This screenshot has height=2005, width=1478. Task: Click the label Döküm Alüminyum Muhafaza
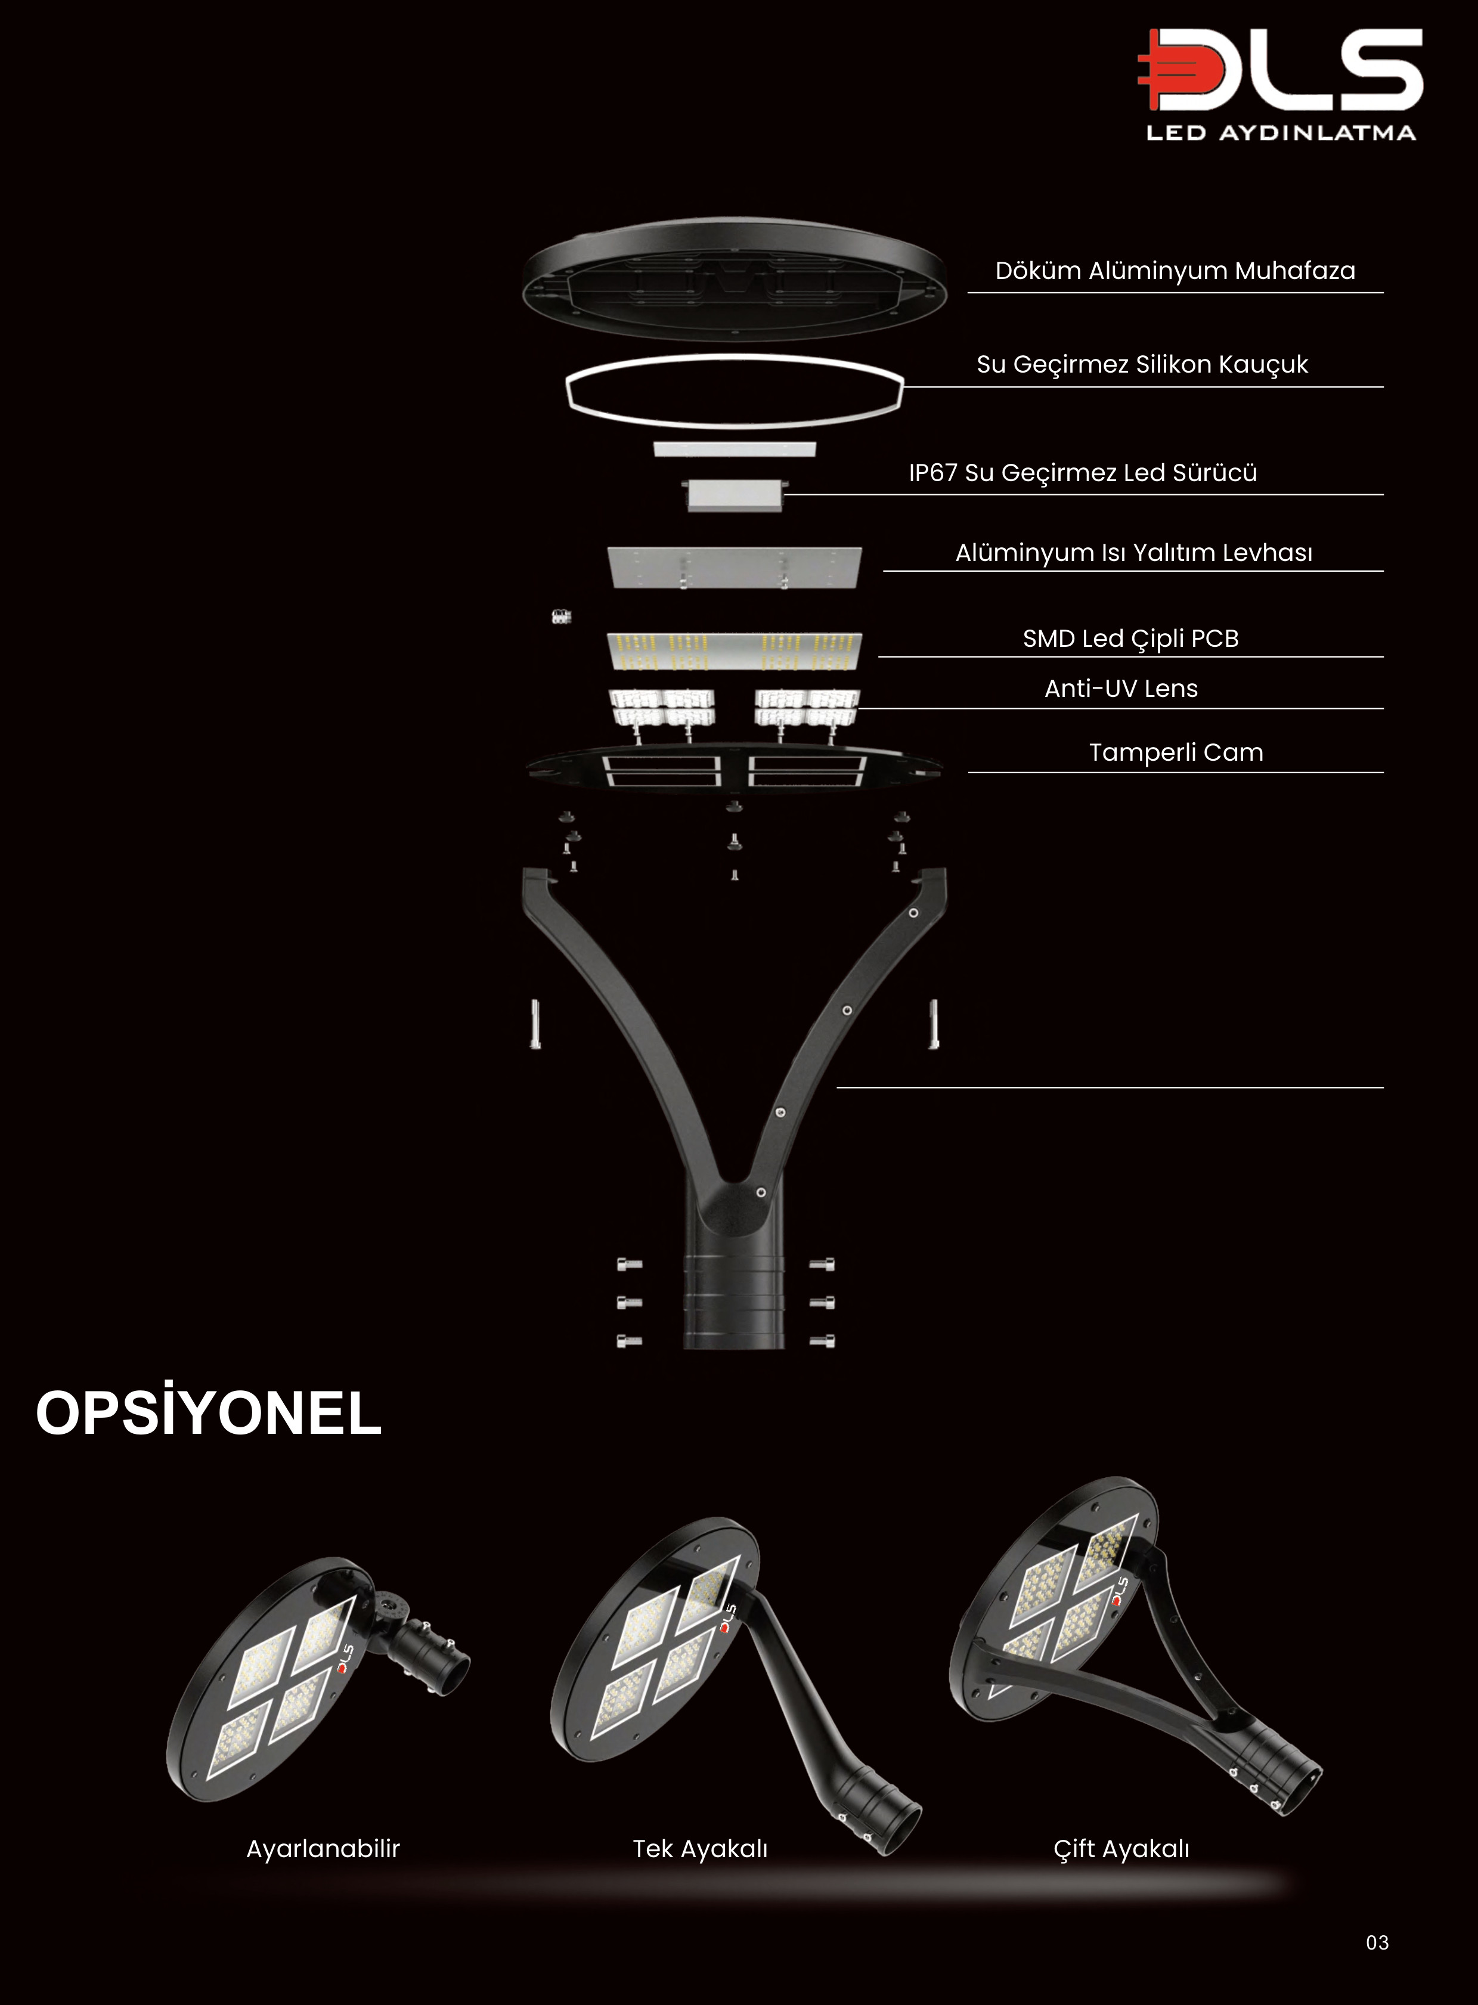(x=1175, y=270)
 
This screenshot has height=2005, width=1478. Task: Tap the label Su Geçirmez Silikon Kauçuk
(x=1142, y=364)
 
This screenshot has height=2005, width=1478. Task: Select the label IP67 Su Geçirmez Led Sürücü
(x=1083, y=472)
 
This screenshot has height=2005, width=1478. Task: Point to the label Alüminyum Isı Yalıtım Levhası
(x=1133, y=552)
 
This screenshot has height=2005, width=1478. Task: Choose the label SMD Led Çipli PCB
(x=1130, y=638)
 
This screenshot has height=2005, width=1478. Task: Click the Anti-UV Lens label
(x=1120, y=688)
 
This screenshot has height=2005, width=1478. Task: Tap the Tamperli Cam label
(x=1176, y=752)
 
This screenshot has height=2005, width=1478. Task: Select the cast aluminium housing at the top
(x=733, y=277)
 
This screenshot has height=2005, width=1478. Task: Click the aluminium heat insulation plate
(x=733, y=566)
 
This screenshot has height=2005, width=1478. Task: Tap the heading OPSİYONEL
(x=209, y=1413)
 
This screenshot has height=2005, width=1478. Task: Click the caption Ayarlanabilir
(x=323, y=1848)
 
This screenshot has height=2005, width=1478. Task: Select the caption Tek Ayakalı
(x=699, y=1848)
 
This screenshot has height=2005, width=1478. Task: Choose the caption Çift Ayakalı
(x=1121, y=1848)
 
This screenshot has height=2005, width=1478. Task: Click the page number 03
(x=1377, y=1942)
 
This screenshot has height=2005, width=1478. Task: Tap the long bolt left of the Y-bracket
(x=535, y=1024)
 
